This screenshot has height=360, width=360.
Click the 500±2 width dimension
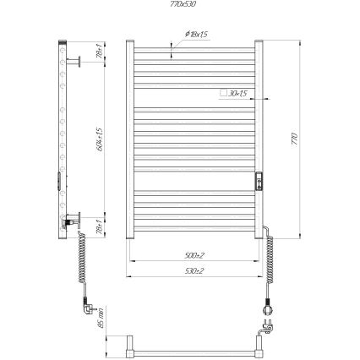(194, 254)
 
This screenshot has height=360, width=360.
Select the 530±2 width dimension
(194, 270)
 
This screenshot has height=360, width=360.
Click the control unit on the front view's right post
(261, 180)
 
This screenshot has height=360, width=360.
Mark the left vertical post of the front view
(131, 139)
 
